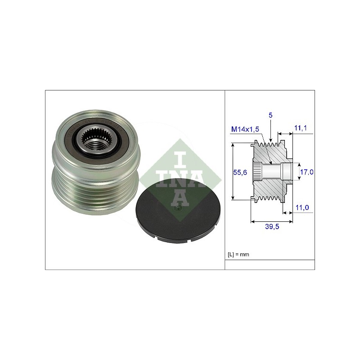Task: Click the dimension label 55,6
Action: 240,172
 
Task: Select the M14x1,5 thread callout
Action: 245,129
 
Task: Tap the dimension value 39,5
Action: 272,227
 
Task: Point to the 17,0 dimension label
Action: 307,172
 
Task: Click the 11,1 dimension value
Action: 301,128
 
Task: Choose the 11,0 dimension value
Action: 302,207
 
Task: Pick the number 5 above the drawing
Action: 270,115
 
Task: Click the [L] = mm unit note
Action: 238,254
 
